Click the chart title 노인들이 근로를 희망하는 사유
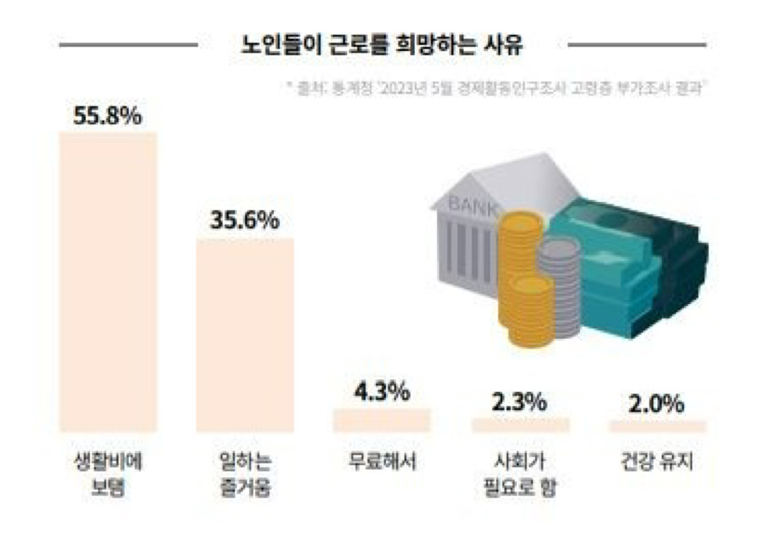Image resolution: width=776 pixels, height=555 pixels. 382,45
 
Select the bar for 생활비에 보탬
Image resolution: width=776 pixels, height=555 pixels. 108,282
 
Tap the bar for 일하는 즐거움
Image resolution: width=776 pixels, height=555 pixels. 245,335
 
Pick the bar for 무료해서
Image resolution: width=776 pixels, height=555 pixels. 382,420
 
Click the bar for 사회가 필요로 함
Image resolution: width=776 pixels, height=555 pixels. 520,425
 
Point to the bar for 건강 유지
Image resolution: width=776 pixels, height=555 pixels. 657,426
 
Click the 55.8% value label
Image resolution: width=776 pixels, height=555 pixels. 108,116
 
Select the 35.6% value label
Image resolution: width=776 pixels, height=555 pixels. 245,220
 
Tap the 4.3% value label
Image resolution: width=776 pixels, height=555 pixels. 382,391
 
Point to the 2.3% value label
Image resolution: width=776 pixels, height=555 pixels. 519,402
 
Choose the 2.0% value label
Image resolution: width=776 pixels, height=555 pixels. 657,404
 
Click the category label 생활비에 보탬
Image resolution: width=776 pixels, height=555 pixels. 108,474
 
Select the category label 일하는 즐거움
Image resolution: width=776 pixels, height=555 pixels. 245,474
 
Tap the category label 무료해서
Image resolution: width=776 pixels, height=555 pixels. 382,462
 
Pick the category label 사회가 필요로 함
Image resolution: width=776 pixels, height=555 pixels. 520,474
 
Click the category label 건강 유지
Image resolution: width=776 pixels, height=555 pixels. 657,462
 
